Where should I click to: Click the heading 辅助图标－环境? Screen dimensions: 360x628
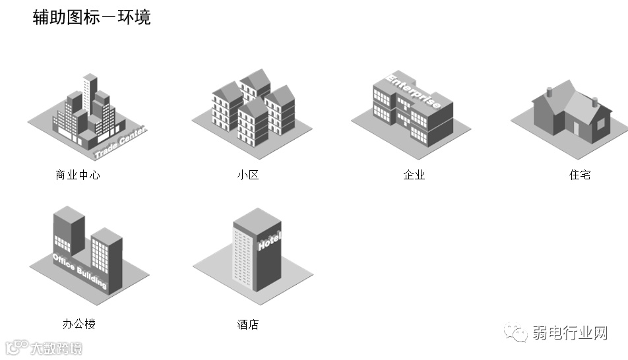pos(92,17)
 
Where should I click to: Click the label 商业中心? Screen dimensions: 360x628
pos(78,175)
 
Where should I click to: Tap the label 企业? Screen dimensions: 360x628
pos(414,175)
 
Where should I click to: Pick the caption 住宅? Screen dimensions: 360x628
pos(580,175)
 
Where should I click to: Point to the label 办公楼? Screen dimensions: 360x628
pos(79,324)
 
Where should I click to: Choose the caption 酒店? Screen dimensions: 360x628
pos(248,324)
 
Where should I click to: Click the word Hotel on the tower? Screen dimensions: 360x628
pos(269,241)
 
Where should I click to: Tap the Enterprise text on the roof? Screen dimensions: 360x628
pos(414,92)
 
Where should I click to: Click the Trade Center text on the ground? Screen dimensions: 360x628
pos(120,144)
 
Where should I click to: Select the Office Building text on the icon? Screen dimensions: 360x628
pos(79,270)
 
